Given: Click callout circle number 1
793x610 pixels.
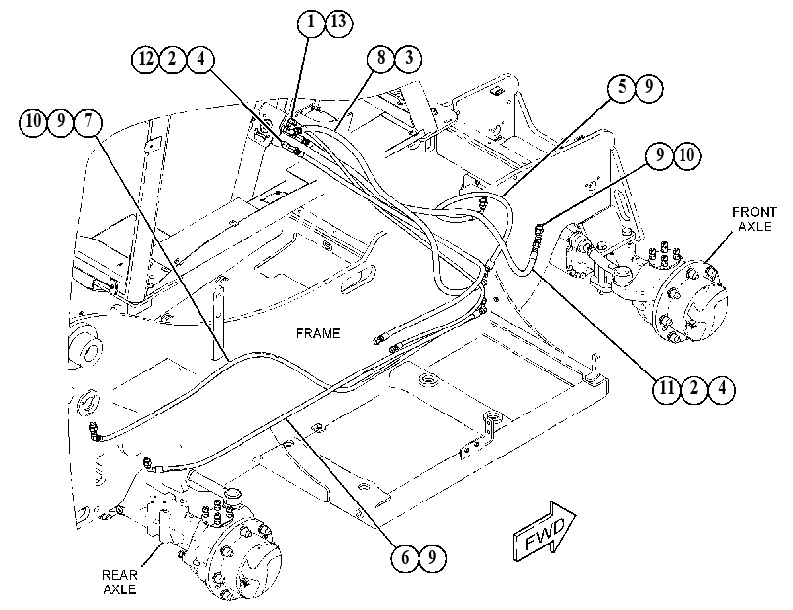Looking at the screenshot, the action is click(x=311, y=22).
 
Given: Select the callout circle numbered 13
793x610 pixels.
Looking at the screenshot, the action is click(x=338, y=22).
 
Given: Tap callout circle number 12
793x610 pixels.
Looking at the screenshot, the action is click(x=146, y=60).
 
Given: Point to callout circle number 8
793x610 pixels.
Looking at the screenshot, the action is click(x=380, y=59).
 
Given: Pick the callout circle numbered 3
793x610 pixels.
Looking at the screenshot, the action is click(x=408, y=59).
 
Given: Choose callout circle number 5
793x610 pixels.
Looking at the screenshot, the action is click(x=622, y=88).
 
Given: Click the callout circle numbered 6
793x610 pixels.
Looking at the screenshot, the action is click(x=405, y=557).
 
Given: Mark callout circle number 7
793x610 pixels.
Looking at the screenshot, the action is click(x=88, y=123).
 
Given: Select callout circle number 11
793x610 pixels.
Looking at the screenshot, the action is click(x=667, y=388).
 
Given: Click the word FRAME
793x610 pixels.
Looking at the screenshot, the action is click(x=318, y=333).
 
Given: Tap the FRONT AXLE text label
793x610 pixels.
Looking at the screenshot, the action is click(x=754, y=219).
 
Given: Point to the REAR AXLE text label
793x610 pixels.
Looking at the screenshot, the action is click(x=119, y=583).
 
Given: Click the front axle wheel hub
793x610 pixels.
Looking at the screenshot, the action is click(x=692, y=304).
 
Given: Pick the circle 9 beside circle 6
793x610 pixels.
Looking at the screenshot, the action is click(x=432, y=557).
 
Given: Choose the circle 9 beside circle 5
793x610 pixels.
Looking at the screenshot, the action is click(x=649, y=88).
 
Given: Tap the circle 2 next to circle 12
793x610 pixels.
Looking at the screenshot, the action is click(x=173, y=60).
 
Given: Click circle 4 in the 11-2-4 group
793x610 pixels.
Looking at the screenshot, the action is click(x=722, y=388).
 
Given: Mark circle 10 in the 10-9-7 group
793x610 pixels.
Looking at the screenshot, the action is click(x=33, y=123).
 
